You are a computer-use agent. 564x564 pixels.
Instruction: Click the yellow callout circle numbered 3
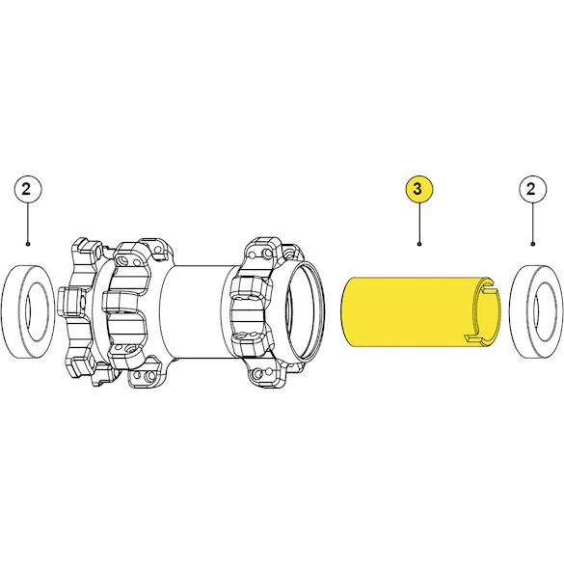coord(418,189)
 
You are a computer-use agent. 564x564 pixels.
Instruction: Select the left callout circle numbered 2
coord(28,189)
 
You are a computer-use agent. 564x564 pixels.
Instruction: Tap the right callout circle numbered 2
coord(533,189)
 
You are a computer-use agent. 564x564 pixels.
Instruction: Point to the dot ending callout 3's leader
coord(419,244)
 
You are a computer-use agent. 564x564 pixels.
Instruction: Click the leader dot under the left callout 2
coord(28,244)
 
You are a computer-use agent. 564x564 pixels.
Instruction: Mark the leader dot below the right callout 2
coord(533,244)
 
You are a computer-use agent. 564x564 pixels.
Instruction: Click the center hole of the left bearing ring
coord(36,311)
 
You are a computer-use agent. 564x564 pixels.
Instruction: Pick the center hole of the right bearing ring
coord(546,311)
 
